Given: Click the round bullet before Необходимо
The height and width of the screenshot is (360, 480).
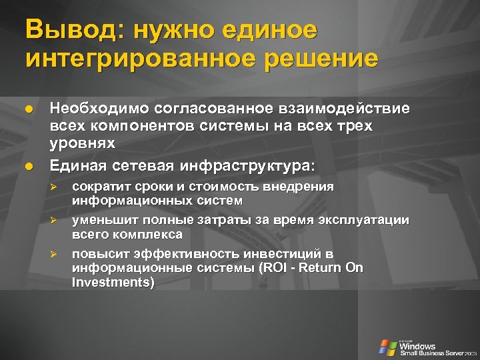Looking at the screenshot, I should click(28, 109).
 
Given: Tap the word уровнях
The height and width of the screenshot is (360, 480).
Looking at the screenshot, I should click(83, 143).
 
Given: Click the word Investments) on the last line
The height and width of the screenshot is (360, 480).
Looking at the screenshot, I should click(113, 283).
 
